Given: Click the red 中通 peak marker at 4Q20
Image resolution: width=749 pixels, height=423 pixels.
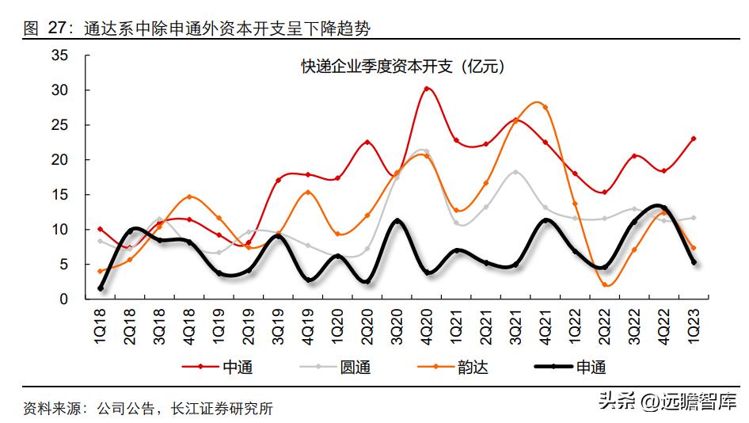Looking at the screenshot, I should click(427, 89).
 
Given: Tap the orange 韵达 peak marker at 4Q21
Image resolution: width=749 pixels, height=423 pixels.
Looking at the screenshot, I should click(546, 107).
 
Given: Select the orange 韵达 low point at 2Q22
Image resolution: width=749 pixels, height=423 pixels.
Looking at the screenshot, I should click(606, 284).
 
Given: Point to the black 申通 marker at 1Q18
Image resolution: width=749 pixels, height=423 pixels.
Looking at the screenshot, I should click(101, 288).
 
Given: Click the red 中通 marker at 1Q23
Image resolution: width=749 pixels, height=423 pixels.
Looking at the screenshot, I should click(694, 139).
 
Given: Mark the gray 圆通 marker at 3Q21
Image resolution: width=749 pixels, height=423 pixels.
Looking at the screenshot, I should click(515, 172).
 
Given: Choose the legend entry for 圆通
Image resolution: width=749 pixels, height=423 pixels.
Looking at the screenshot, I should click(337, 367).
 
